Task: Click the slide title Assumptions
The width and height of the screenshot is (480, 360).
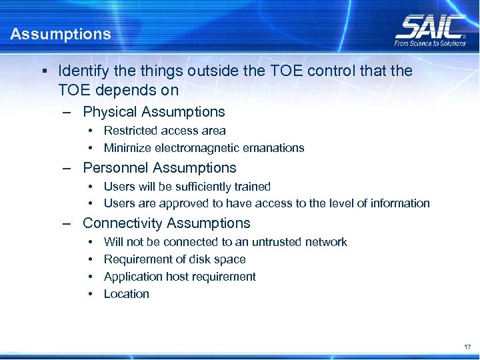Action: [61, 34]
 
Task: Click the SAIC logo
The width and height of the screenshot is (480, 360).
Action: [430, 27]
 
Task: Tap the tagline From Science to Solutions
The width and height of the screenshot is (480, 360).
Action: [430, 44]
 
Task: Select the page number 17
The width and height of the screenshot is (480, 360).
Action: [467, 347]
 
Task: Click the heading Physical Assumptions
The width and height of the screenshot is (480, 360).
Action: [153, 112]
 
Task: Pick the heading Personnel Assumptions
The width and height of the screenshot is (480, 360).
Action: [159, 168]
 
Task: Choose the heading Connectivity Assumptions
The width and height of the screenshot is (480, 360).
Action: [166, 223]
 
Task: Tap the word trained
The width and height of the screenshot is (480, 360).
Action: [251, 187]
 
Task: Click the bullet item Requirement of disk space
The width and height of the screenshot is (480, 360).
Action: [175, 259]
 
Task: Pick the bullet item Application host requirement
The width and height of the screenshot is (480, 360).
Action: [179, 277]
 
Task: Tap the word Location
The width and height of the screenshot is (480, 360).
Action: [126, 294]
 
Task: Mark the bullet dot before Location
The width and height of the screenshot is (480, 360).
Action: [91, 294]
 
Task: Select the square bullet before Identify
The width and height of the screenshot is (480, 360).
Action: [43, 71]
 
